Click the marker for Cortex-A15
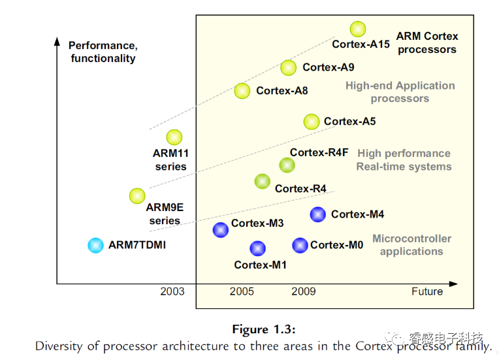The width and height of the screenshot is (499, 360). [357, 29]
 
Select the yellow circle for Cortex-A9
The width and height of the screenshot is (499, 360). [288, 67]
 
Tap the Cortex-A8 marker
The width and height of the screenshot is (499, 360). [242, 91]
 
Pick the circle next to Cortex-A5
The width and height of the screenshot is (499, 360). [312, 122]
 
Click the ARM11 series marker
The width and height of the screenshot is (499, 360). [174, 137]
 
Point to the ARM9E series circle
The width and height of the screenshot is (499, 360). [137, 195]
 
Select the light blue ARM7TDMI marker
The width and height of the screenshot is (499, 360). [95, 245]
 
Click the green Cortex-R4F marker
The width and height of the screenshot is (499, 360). [287, 165]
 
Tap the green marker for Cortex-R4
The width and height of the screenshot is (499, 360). [262, 181]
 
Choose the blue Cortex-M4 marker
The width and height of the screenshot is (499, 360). [317, 214]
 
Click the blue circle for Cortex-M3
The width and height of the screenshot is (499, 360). [221, 229]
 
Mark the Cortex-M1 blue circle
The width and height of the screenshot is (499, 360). [257, 248]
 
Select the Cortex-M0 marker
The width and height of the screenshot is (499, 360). [300, 245]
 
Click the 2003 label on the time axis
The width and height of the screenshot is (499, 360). [172, 291]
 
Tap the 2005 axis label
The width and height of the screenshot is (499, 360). [242, 291]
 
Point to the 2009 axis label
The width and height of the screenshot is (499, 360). [304, 291]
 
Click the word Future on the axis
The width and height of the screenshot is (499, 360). [427, 291]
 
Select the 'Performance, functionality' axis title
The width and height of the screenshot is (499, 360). [102, 52]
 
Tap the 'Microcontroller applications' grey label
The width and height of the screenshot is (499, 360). [411, 245]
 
